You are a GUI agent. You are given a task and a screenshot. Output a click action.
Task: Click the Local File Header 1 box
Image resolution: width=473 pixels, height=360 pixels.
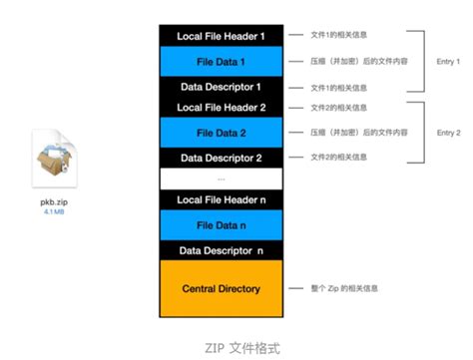(x=221, y=37)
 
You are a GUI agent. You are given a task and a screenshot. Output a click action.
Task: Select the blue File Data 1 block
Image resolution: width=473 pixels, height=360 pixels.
(x=221, y=61)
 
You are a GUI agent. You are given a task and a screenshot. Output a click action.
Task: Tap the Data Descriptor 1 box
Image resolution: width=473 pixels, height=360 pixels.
(x=221, y=86)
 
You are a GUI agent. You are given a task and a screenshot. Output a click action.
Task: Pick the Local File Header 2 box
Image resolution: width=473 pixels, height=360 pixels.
(x=221, y=107)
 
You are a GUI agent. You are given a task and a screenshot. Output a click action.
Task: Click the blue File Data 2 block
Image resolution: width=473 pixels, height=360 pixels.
(x=221, y=132)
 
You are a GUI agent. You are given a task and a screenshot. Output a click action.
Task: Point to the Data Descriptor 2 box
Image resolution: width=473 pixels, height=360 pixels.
(x=221, y=157)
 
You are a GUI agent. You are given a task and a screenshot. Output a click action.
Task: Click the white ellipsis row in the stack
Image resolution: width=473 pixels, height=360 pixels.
(x=221, y=178)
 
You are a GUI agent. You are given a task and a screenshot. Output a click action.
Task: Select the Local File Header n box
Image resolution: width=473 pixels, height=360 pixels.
(x=221, y=200)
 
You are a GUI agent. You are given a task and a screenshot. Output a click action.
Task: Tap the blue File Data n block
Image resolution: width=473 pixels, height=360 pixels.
(x=221, y=225)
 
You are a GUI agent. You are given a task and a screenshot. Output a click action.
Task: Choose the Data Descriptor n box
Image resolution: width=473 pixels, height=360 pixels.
(x=221, y=249)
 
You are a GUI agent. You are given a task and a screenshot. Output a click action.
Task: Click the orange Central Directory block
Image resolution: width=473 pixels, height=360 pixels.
(x=221, y=288)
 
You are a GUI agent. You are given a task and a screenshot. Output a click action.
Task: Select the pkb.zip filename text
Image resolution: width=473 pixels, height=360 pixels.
(x=53, y=200)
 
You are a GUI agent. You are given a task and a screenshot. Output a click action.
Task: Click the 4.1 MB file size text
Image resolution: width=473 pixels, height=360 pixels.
(x=53, y=212)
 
